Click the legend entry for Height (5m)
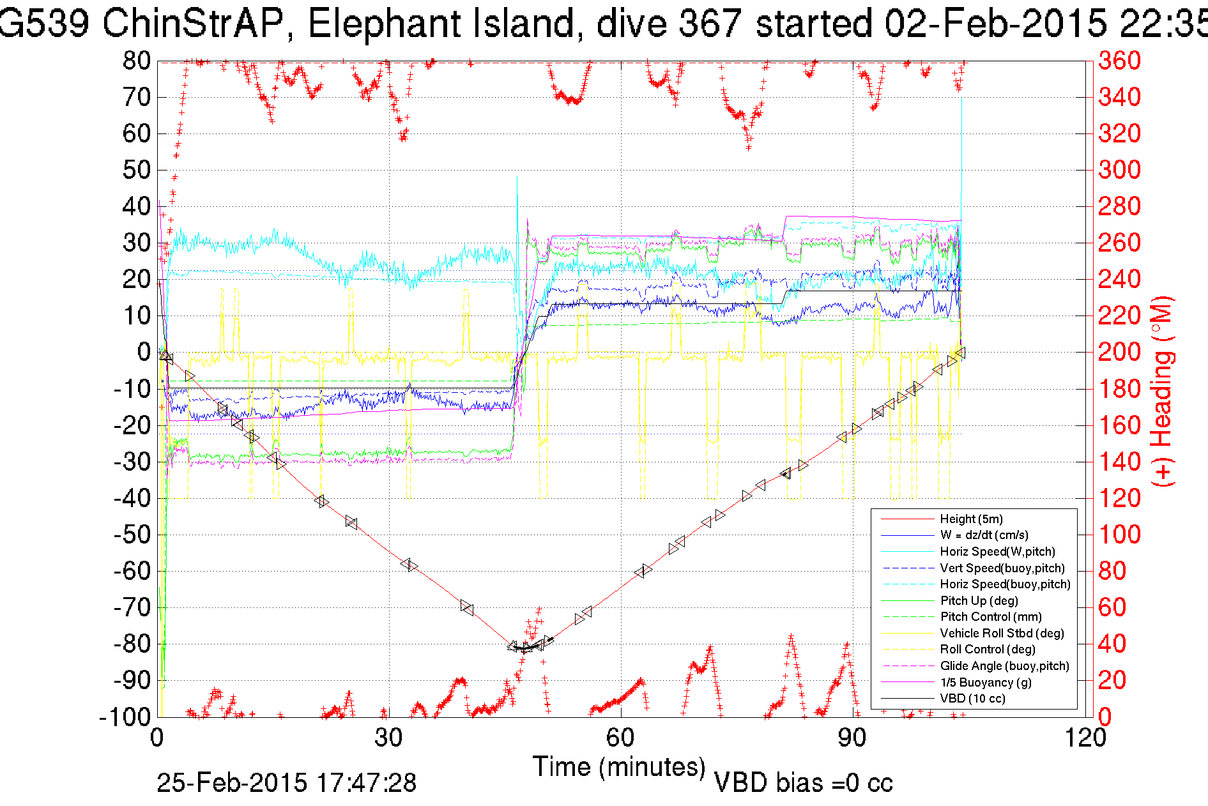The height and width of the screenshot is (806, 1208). tap(971, 519)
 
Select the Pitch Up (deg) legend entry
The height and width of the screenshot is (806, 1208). tap(979, 600)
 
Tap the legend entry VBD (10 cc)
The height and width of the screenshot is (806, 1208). tap(972, 699)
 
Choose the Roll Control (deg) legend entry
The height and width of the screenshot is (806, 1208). tap(988, 650)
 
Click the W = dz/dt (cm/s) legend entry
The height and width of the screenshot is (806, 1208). tap(984, 535)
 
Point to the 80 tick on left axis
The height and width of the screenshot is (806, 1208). tap(136, 61)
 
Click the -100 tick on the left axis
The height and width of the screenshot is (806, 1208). tap(125, 717)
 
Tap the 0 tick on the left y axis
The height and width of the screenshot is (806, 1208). tap(144, 352)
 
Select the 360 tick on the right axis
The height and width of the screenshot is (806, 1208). tap(1119, 61)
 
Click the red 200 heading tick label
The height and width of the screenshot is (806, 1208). tap(1119, 352)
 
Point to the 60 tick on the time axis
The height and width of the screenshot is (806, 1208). tap(620, 738)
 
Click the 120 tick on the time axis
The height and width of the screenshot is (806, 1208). tap(1085, 738)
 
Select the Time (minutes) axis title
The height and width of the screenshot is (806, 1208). tap(619, 766)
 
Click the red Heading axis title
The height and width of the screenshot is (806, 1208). tap(1163, 391)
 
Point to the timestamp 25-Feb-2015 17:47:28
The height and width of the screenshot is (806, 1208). tap(286, 782)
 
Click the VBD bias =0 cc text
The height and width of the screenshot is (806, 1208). tap(803, 782)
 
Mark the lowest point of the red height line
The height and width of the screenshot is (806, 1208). tap(524, 648)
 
